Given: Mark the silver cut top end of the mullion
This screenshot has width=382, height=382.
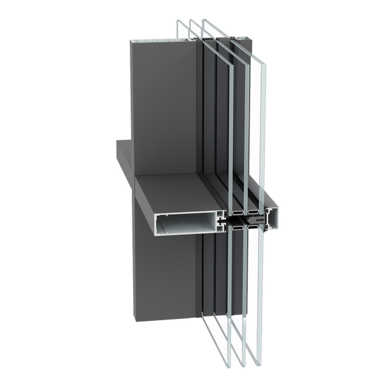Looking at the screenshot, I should (163, 39).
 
